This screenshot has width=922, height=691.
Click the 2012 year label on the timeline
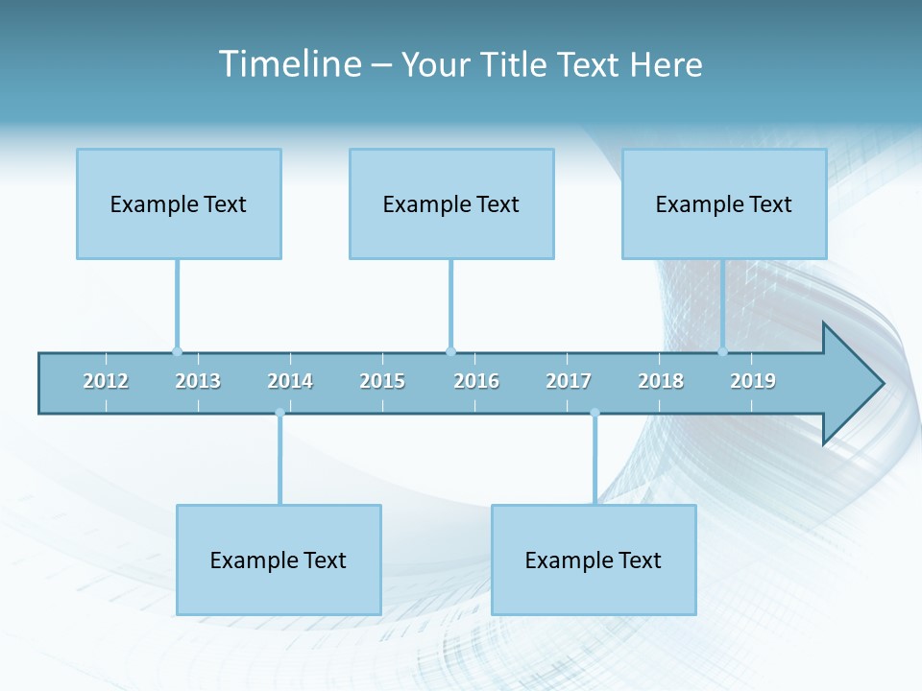[x=106, y=381]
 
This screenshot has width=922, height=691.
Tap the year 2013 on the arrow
[x=198, y=381]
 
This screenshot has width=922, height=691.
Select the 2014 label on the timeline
[x=290, y=381]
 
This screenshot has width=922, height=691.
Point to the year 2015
[x=382, y=381]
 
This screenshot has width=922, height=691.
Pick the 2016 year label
[x=476, y=381]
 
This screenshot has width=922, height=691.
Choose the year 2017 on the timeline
[x=569, y=381]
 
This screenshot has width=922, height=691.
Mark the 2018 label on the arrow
[x=661, y=381]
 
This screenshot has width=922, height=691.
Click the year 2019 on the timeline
[x=753, y=381]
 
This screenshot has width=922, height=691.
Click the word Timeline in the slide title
[x=288, y=64]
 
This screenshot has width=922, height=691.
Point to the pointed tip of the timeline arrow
[x=881, y=384]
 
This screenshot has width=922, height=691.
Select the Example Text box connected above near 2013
[x=179, y=203]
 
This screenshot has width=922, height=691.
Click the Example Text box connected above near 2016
[x=451, y=203]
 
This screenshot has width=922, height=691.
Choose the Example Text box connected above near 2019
[x=724, y=203]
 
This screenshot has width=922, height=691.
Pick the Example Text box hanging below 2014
[x=279, y=560]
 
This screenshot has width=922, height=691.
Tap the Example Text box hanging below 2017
[x=594, y=560]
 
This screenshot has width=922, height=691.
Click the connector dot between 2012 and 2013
[x=177, y=351]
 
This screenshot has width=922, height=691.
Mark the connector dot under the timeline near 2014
[x=279, y=413]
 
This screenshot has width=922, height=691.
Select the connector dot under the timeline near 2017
[x=594, y=413]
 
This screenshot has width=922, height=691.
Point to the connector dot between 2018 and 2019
[x=722, y=351]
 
